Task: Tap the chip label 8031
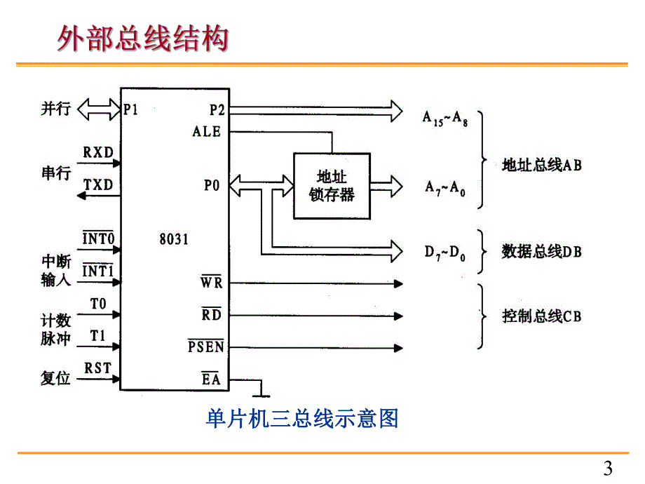coord(174,238)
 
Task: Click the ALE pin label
coord(206,131)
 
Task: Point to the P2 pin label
coord(216,110)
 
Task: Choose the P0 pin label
coord(212,186)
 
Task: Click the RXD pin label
coord(99,152)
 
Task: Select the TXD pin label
coord(99,185)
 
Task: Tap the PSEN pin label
coord(205,347)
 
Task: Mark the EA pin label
coord(211,380)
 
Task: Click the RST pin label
coord(98,368)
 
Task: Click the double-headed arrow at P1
coord(99,109)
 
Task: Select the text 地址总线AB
coord(541,166)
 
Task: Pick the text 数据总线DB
coord(541,251)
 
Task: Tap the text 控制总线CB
coord(541,316)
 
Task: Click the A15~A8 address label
coord(445,119)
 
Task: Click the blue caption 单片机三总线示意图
coord(302,419)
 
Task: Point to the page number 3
coord(608,468)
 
